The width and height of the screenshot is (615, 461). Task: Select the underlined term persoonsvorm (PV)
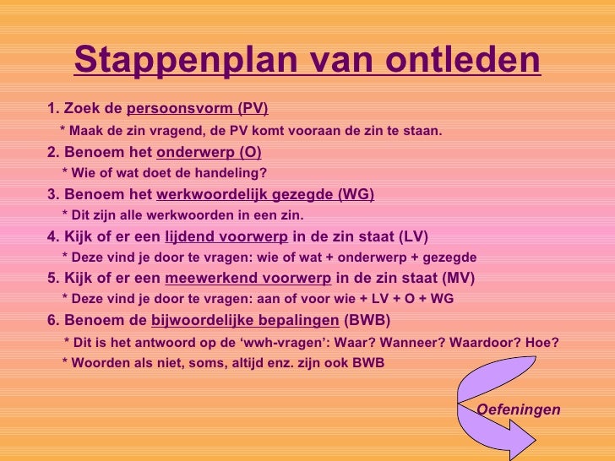coord(197,108)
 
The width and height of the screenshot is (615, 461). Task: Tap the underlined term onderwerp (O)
coord(209,152)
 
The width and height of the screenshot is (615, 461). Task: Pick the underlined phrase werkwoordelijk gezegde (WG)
coord(265,194)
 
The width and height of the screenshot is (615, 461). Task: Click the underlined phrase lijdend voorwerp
coord(226,236)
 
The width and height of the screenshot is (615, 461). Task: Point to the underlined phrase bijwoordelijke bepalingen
coord(245,321)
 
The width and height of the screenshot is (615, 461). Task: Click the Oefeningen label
coord(519,409)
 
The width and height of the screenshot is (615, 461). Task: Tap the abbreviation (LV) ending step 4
coord(412,236)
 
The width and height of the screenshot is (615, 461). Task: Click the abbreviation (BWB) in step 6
coord(367,321)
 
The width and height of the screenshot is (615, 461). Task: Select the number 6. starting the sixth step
coord(53,321)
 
